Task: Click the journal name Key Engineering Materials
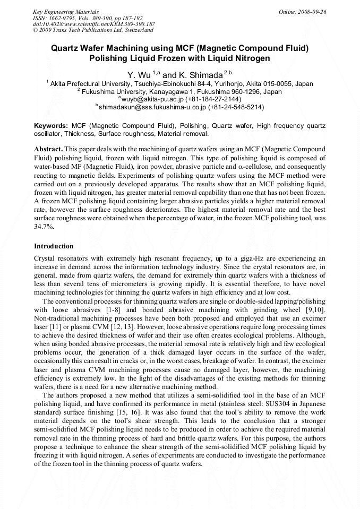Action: coord(66,12)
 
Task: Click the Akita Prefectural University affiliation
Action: coord(181,84)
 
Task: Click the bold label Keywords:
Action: coord(51,126)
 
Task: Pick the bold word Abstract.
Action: coord(48,150)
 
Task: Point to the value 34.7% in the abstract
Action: coord(43,226)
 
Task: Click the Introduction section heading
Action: coord(54,246)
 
